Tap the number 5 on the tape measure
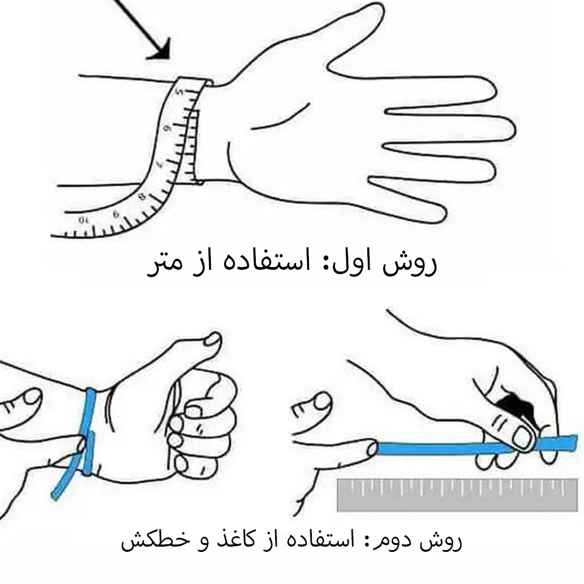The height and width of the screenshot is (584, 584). pos(180,92)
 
